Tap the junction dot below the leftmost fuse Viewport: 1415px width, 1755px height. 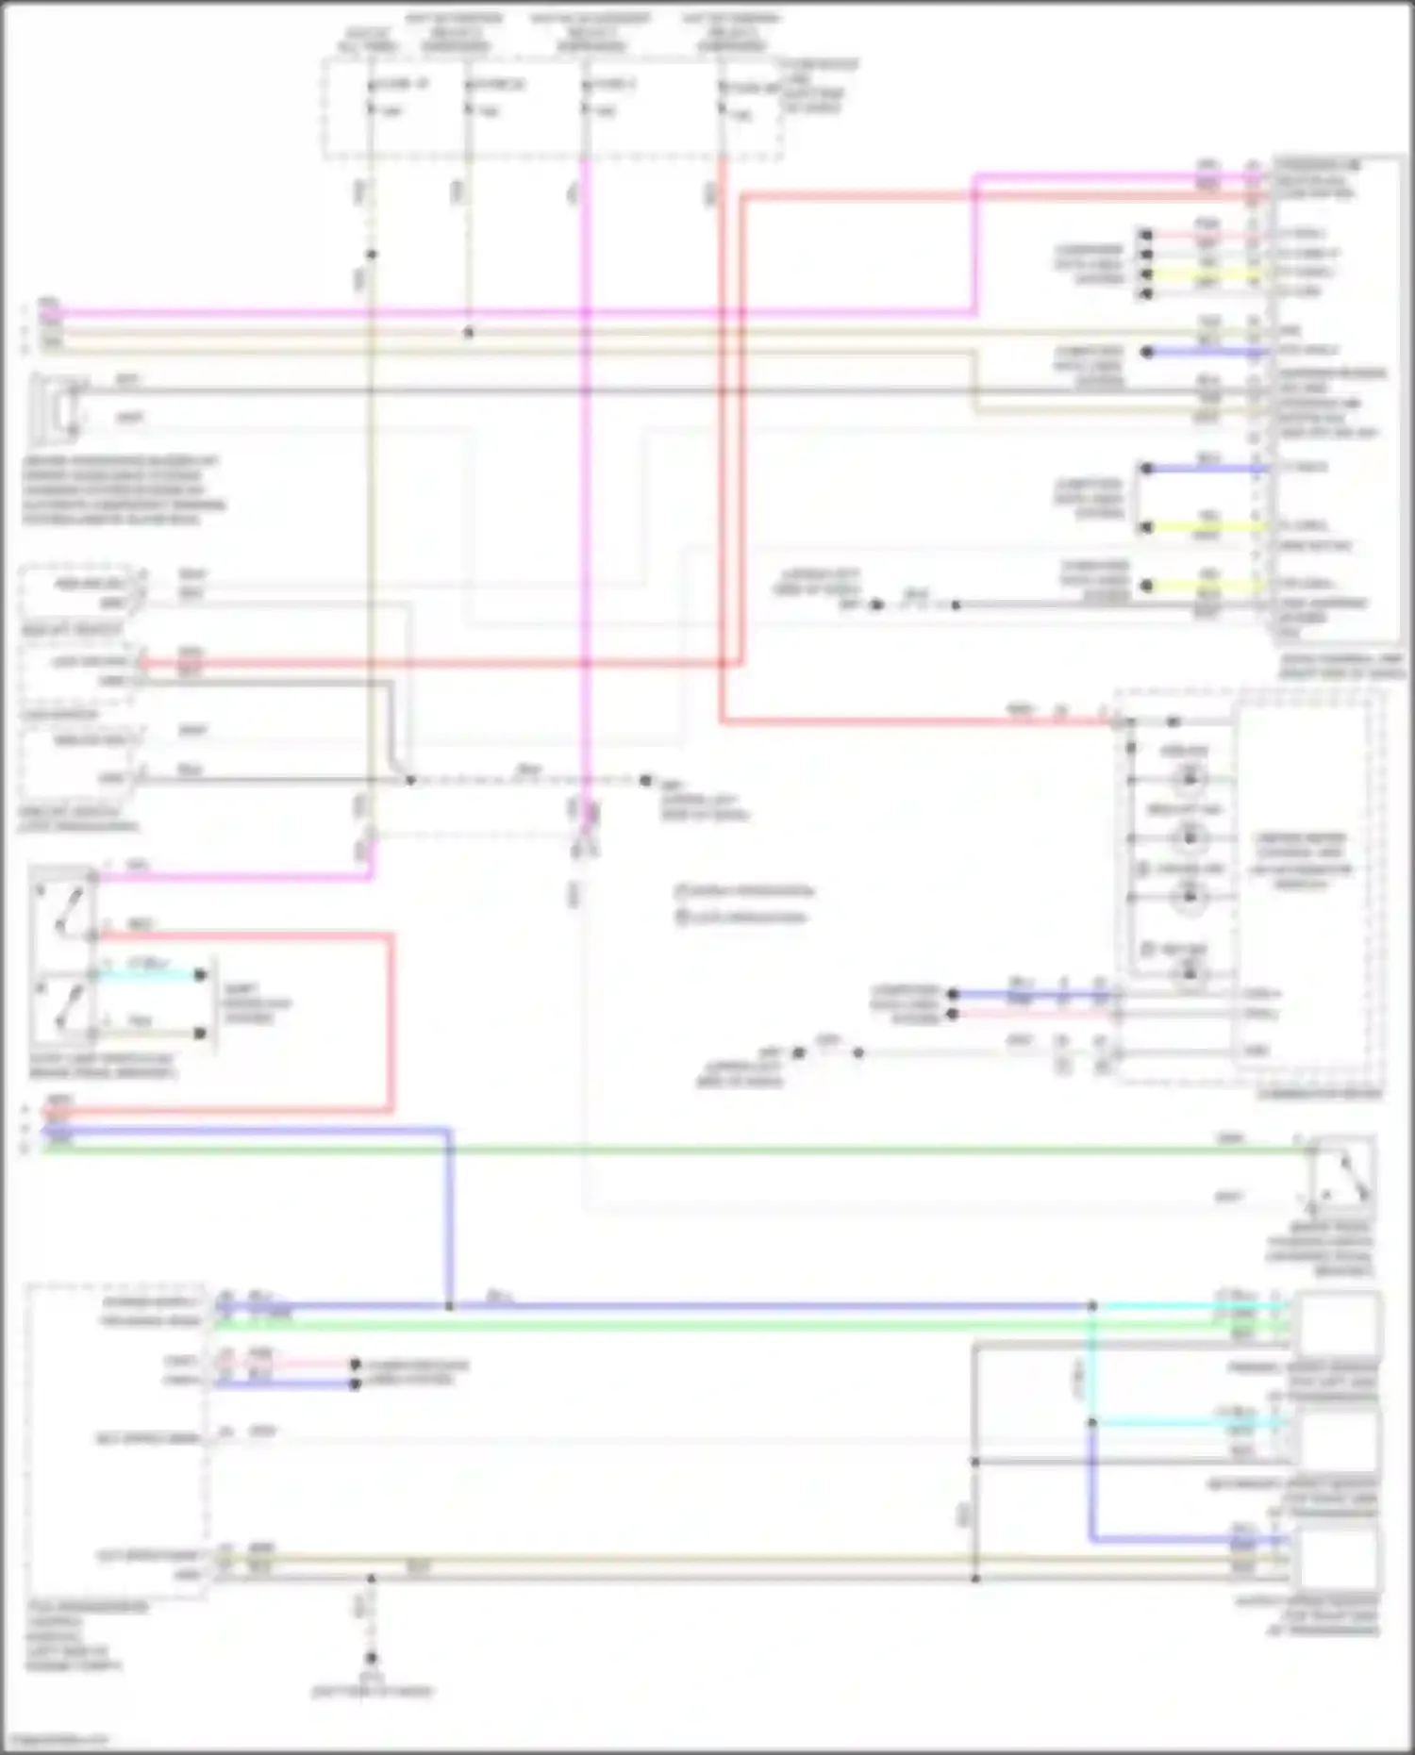tap(372, 255)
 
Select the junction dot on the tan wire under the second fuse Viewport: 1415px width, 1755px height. tap(469, 332)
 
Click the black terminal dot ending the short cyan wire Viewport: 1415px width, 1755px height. tap(200, 975)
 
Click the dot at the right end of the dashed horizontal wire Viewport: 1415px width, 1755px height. tap(646, 781)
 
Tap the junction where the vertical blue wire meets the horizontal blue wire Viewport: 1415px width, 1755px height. tap(449, 1306)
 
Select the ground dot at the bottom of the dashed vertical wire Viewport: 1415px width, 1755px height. tap(372, 1657)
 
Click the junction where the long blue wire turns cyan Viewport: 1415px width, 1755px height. tap(1092, 1306)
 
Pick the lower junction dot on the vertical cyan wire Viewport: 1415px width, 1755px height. tap(1092, 1422)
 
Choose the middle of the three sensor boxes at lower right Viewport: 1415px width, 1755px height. tap(1338, 1438)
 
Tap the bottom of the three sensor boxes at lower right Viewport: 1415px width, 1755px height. tap(1338, 1556)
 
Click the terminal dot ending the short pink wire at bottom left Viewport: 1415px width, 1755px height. tap(356, 1364)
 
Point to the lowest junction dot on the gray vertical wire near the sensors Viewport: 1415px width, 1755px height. tap(975, 1578)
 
